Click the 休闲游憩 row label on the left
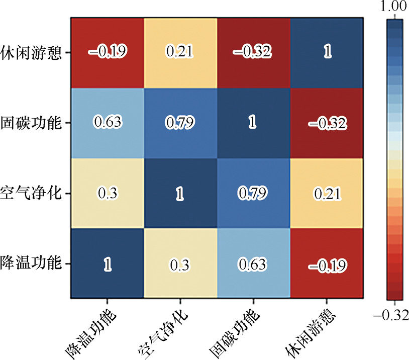(x=31, y=52)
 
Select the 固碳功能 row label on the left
(x=31, y=123)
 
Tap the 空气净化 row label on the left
(x=31, y=193)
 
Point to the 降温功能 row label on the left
(x=31, y=262)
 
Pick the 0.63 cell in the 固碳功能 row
(x=107, y=123)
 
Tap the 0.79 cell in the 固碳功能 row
(x=180, y=123)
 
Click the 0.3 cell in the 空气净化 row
(x=107, y=193)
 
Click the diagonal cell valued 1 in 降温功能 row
(x=107, y=263)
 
